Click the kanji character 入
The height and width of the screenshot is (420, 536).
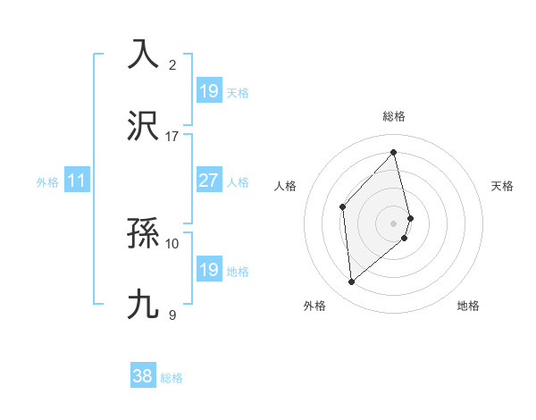coord(143,54)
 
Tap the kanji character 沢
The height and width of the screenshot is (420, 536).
coord(143,126)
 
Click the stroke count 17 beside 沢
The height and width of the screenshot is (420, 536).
coord(172,137)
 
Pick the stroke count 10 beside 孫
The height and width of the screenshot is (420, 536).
coord(172,243)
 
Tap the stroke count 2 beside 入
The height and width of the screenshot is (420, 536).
coord(172,64)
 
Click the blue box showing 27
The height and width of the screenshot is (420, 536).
coord(208,181)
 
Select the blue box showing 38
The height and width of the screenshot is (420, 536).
coord(143,376)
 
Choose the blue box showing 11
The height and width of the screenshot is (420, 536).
coord(77,181)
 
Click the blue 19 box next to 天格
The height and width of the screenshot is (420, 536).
coord(208,91)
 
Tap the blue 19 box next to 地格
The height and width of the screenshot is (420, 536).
coord(208,270)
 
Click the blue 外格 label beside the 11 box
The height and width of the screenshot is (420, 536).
coord(47,181)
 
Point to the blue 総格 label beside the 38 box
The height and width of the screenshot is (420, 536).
coord(172,378)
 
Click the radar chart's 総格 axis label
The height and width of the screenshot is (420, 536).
coord(393,116)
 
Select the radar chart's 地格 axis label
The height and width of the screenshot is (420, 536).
coord(468,306)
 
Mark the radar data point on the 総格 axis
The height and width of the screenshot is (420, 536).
coord(393,153)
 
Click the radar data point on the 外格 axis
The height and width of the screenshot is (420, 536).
coord(352,282)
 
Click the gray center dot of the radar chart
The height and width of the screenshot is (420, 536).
coord(393,222)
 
